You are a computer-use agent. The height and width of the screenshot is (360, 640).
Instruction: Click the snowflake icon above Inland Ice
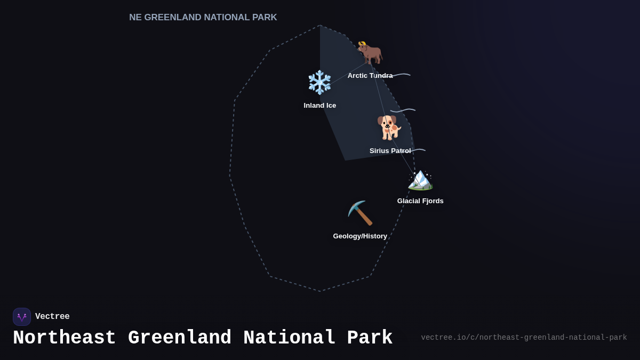point(320,82)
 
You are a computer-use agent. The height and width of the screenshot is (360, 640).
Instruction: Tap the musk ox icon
point(370,53)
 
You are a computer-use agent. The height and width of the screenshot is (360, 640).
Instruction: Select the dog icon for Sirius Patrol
point(389,128)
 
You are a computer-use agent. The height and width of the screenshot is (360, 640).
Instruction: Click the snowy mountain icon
point(420,179)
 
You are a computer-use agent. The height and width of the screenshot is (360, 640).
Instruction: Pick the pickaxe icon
point(360,213)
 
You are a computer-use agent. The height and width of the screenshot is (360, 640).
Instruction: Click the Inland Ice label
point(320,106)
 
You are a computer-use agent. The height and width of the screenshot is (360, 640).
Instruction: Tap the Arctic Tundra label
point(370,76)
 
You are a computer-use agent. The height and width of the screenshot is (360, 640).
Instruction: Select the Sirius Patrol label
point(390,151)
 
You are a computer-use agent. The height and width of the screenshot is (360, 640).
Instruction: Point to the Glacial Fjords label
point(420,201)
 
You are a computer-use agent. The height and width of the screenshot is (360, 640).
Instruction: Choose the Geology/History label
point(360,236)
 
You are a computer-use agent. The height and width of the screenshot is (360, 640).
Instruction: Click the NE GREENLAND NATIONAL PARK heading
point(203,18)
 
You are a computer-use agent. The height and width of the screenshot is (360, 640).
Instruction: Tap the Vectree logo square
point(22,317)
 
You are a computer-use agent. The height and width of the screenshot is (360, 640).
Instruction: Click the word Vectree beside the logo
point(52,317)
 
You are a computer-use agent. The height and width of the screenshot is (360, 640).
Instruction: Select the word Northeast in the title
point(64,338)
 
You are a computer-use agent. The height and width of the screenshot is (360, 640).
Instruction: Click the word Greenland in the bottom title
point(180,338)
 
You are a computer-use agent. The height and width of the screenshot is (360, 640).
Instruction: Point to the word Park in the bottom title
point(370,338)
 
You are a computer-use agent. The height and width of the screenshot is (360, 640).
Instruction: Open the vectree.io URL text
point(524,338)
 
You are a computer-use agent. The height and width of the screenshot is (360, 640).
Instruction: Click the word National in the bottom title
point(289,338)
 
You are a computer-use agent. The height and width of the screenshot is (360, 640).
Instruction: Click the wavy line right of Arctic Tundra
point(401,75)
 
